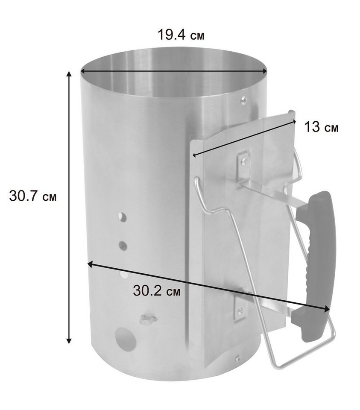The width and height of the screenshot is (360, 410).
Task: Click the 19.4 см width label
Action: pos(181,35)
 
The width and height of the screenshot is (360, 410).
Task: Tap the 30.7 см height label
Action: pos(33,196)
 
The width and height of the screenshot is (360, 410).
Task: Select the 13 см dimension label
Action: pos(321,127)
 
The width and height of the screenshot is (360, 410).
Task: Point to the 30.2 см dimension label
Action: pos(157,290)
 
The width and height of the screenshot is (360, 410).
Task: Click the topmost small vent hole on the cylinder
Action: pos(122,217)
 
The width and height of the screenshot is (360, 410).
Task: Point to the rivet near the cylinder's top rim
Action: pos(244,100)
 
